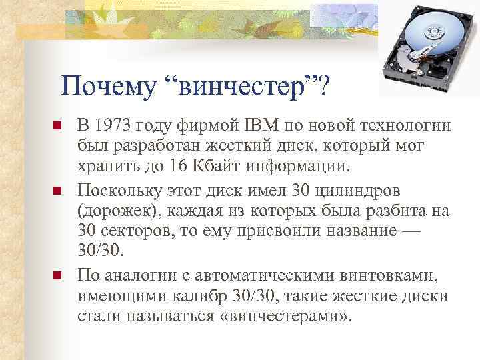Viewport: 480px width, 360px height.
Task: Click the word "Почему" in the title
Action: [107, 85]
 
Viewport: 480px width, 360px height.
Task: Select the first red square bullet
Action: [57, 127]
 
